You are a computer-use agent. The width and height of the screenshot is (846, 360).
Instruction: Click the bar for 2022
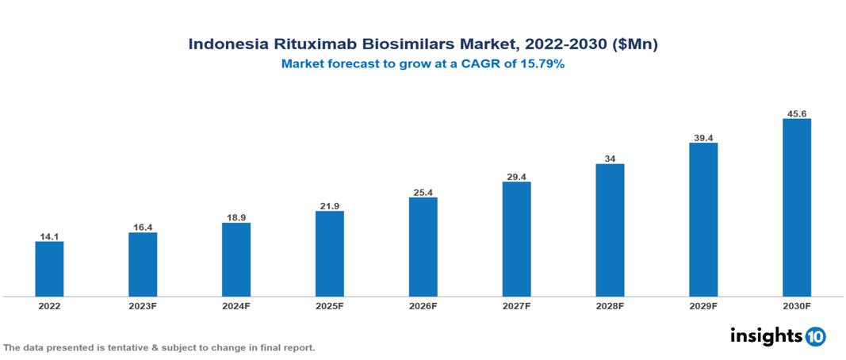[49, 269]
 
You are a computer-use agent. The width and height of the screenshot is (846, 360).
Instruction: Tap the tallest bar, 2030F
[796, 208]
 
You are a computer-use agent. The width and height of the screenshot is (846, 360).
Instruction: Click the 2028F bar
[610, 230]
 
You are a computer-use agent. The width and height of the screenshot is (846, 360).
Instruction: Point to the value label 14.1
[49, 236]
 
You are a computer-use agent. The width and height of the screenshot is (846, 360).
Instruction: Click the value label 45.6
[796, 114]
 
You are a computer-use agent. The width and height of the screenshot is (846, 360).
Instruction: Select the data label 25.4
[423, 192]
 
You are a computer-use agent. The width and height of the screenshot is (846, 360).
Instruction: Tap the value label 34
[610, 159]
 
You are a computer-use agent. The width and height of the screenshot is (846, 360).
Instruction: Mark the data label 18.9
[235, 217]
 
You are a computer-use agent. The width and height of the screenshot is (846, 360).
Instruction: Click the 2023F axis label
[143, 306]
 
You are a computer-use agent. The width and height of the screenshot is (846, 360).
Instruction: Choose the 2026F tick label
[423, 306]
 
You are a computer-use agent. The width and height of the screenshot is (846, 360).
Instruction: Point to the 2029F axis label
[703, 306]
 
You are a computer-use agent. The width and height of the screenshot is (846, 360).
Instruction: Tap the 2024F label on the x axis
[235, 306]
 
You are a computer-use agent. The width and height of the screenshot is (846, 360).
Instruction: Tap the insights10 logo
[778, 336]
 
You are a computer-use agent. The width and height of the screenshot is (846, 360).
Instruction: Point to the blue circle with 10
[815, 337]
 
